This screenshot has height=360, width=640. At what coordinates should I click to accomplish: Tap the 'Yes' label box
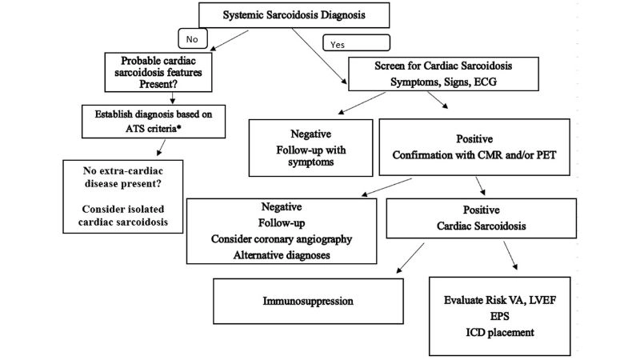tap(355, 42)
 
